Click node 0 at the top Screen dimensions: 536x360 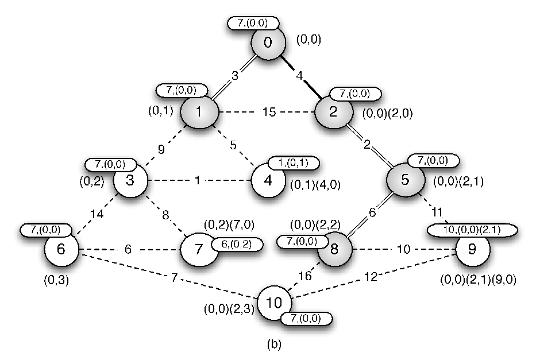point(268,42)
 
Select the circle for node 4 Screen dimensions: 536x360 point(268,180)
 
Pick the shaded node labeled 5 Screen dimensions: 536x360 point(405,180)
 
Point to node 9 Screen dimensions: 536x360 point(473,249)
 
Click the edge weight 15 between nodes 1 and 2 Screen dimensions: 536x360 point(269,112)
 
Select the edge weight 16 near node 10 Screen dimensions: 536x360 point(305,275)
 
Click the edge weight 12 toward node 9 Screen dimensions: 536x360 point(370,277)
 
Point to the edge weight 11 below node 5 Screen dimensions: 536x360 point(437,212)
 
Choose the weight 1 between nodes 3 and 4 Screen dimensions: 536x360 point(197,180)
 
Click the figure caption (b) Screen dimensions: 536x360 point(274,344)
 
